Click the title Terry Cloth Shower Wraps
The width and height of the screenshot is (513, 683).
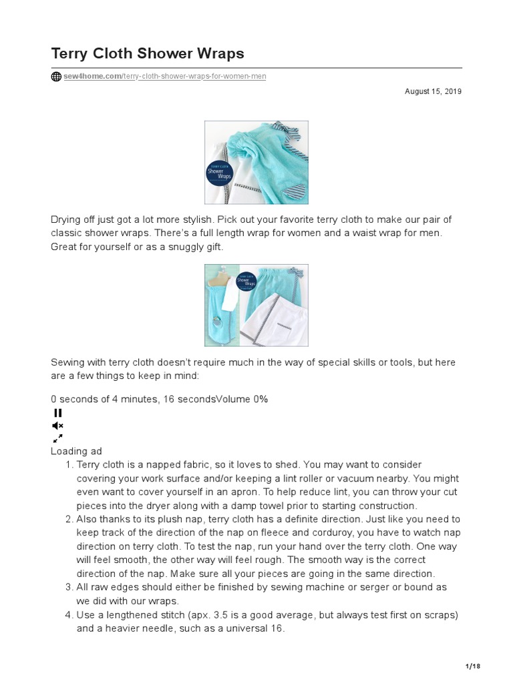pyautogui.click(x=148, y=53)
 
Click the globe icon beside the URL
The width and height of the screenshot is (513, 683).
pyautogui.click(x=56, y=76)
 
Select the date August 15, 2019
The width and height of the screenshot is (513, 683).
pyautogui.click(x=433, y=91)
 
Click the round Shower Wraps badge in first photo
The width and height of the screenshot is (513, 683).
pyautogui.click(x=221, y=173)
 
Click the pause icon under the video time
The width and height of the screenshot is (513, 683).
pyautogui.click(x=57, y=413)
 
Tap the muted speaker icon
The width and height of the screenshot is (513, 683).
pyautogui.click(x=57, y=426)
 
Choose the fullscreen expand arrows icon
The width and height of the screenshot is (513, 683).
pyautogui.click(x=57, y=438)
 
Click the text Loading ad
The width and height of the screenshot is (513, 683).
pyautogui.click(x=76, y=452)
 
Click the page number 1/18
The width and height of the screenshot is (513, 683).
pyautogui.click(x=472, y=666)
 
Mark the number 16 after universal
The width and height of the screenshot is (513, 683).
pyautogui.click(x=277, y=628)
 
